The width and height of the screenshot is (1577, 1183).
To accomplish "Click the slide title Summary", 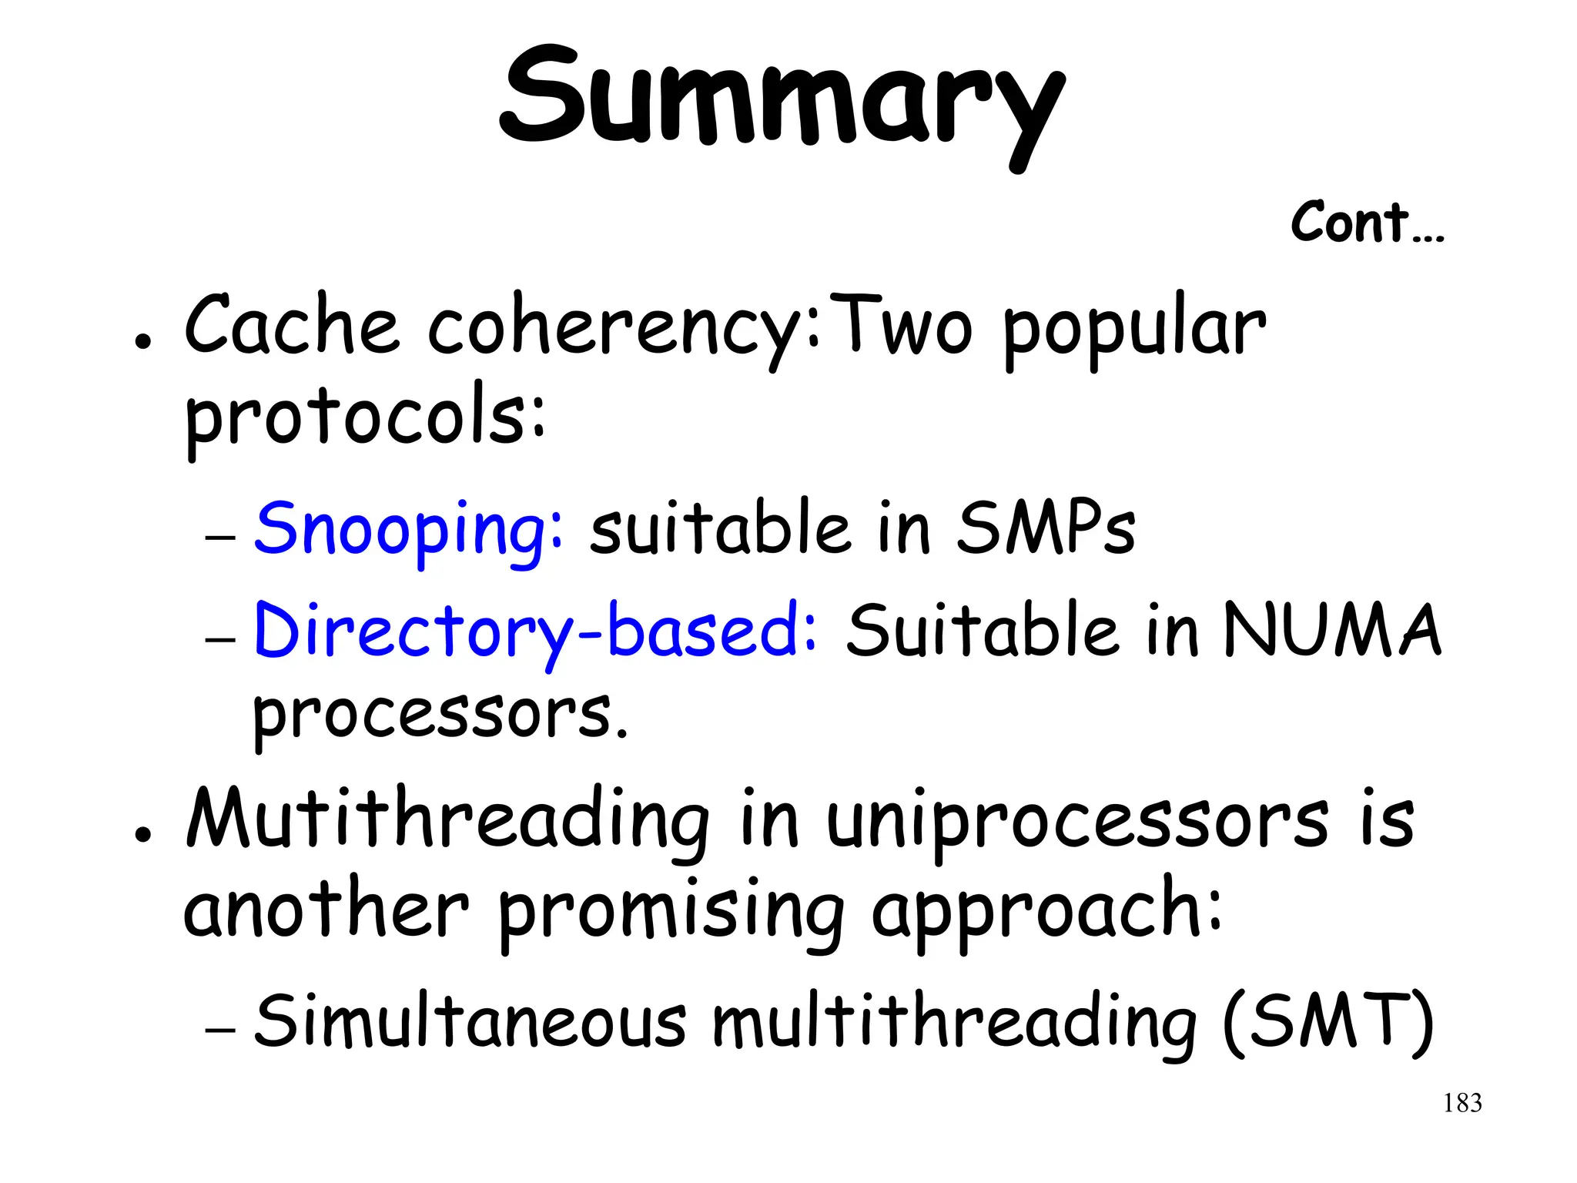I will [x=782, y=100].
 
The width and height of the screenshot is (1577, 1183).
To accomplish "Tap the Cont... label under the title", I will [x=1367, y=223].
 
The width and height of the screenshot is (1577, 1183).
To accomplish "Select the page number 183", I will [x=1462, y=1104].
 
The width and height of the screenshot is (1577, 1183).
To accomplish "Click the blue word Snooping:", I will [x=409, y=530].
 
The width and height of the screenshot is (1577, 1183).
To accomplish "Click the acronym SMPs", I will [x=1046, y=530].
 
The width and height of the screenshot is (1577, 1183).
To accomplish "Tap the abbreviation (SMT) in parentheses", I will [x=1328, y=1023].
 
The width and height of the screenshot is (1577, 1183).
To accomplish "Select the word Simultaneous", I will [x=470, y=1021].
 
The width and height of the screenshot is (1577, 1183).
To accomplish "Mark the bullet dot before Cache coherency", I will [x=141, y=341].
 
